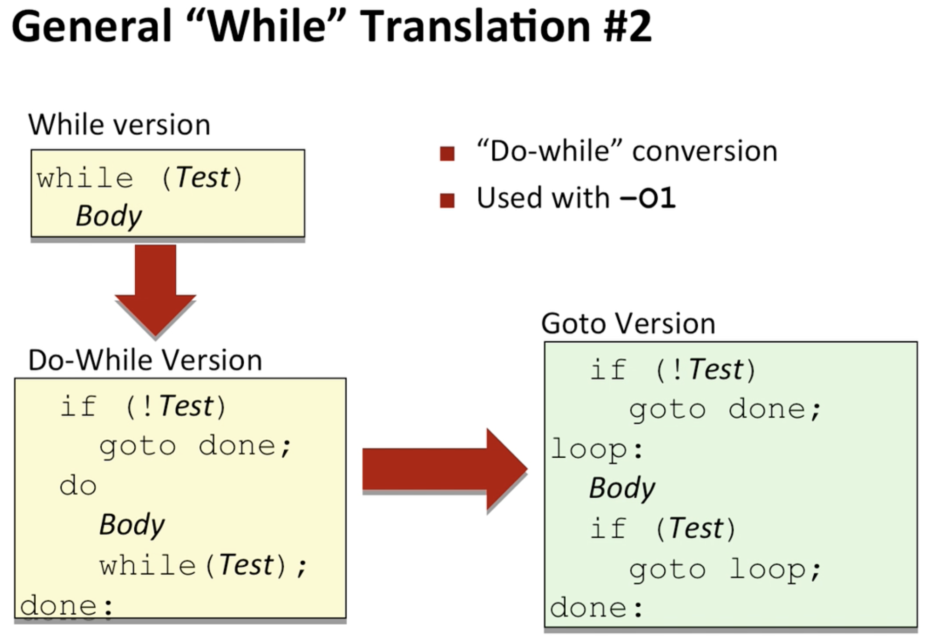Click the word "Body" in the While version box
point(109,216)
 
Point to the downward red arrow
point(155,290)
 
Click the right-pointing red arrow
point(445,469)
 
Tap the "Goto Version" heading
point(628,323)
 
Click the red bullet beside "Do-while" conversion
point(447,154)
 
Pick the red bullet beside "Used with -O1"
point(447,201)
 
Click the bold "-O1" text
point(648,198)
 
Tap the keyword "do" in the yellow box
point(78,486)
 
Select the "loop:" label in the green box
point(597,449)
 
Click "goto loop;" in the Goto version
point(725,570)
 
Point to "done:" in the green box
point(597,608)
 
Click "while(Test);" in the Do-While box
point(203,565)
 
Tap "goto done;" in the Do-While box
point(195,446)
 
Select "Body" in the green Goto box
point(622,488)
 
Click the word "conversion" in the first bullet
point(705,151)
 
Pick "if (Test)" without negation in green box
point(663,528)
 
